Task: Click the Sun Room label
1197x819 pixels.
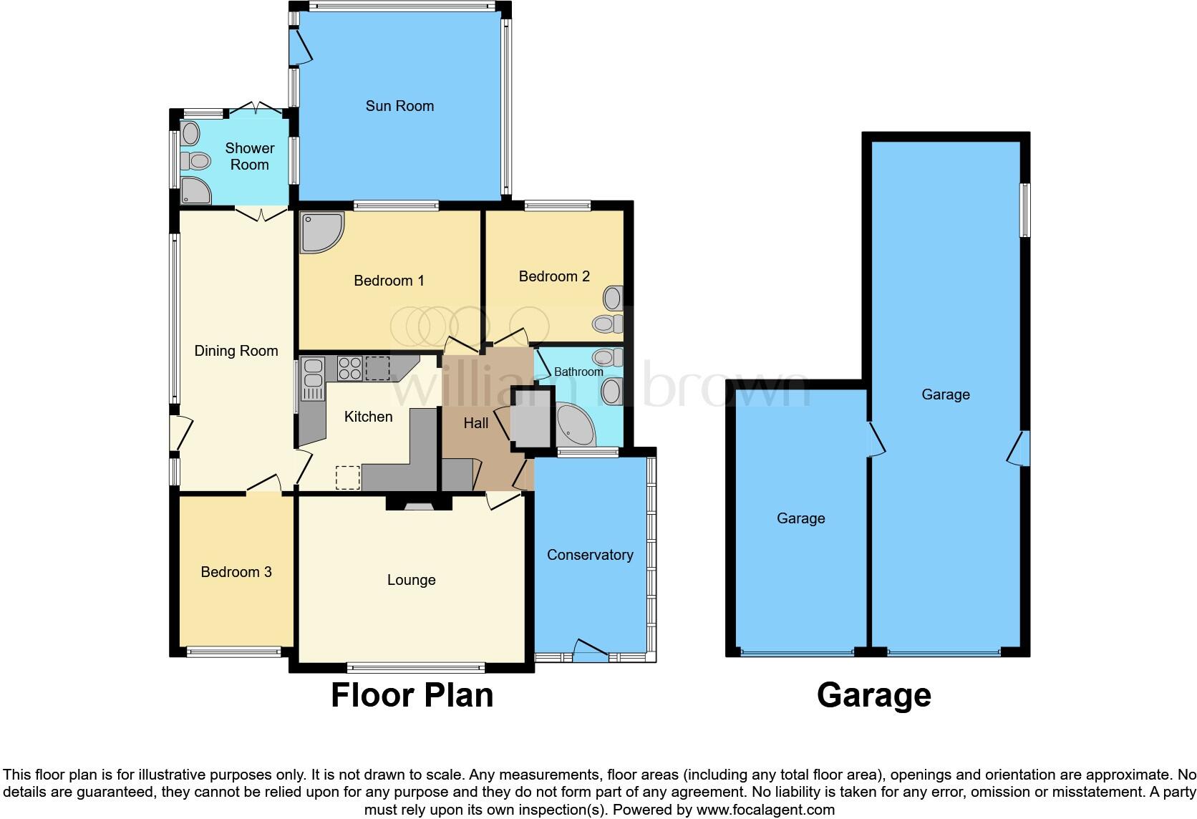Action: pyautogui.click(x=399, y=106)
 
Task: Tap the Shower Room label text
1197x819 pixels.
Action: pyautogui.click(x=249, y=156)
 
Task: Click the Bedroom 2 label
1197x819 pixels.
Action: pyautogui.click(x=554, y=276)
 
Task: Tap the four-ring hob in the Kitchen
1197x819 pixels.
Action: pyautogui.click(x=349, y=368)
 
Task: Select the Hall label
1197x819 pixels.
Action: pyautogui.click(x=475, y=423)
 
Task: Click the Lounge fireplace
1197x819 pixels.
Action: pyautogui.click(x=420, y=505)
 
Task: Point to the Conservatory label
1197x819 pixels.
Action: pyautogui.click(x=590, y=555)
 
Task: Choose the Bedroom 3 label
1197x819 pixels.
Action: pyautogui.click(x=236, y=572)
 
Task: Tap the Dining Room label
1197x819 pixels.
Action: pyautogui.click(x=236, y=351)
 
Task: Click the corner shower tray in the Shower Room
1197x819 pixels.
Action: pyautogui.click(x=194, y=190)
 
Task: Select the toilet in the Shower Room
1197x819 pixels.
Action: pyautogui.click(x=195, y=160)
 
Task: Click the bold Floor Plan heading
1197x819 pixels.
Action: pyautogui.click(x=412, y=695)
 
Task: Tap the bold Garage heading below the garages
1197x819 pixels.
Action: pyautogui.click(x=873, y=695)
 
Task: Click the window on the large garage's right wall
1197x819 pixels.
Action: pyautogui.click(x=1025, y=210)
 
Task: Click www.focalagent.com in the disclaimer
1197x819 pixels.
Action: pyautogui.click(x=765, y=810)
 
